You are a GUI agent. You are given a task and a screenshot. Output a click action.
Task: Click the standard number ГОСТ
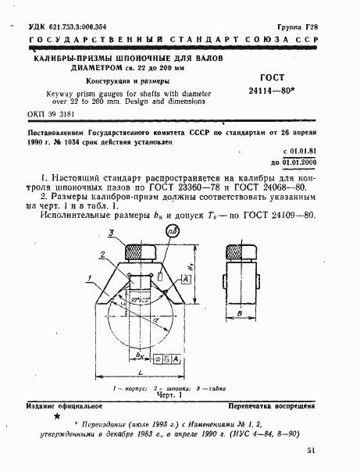(273, 78)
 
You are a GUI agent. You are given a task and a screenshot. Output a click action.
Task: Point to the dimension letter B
(238, 314)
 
